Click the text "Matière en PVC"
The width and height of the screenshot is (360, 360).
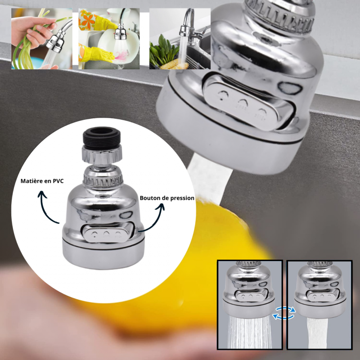pyautogui.click(x=43, y=181)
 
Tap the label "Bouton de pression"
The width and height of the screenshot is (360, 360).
pyautogui.click(x=167, y=198)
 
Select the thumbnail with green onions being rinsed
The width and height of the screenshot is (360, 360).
pyautogui.click(x=42, y=39)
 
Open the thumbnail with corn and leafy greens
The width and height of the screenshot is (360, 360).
pyautogui.click(x=180, y=39)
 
